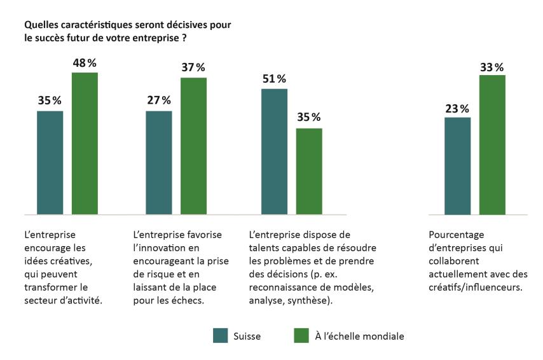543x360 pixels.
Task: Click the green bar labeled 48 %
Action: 85,143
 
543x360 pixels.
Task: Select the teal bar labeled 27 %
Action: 158,162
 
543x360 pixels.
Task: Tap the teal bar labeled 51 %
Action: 274,151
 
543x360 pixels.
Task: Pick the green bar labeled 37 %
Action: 193,146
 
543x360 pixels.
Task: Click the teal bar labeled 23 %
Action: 457,165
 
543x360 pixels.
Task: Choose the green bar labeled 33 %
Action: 491,144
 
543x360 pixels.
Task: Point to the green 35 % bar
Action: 309,171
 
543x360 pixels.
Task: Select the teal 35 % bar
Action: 50,162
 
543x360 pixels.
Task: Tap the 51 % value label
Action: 274,79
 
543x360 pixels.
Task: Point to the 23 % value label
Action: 457,107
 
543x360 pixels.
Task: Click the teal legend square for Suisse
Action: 220,335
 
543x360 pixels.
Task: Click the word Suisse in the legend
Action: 248,335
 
